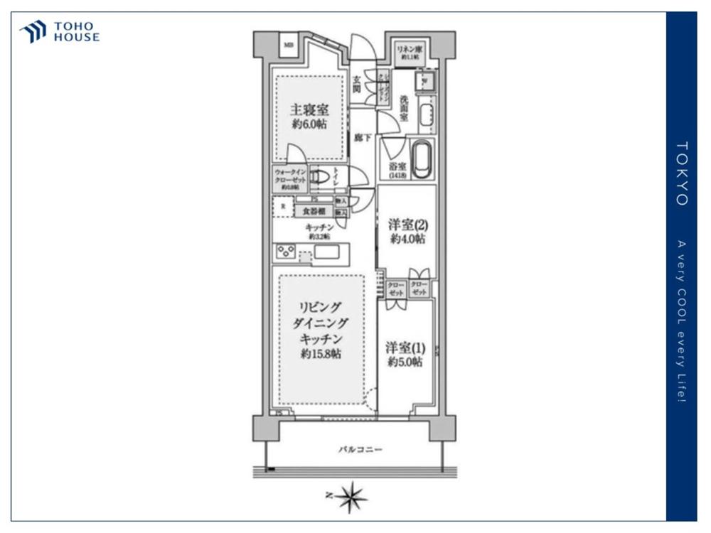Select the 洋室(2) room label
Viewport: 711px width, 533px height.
[407, 225]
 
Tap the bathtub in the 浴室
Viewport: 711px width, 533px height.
[422, 160]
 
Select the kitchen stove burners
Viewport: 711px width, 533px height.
[286, 251]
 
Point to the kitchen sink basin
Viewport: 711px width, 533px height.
[328, 252]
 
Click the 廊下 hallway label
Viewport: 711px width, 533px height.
[363, 137]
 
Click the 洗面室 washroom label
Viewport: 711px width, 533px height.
[403, 110]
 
